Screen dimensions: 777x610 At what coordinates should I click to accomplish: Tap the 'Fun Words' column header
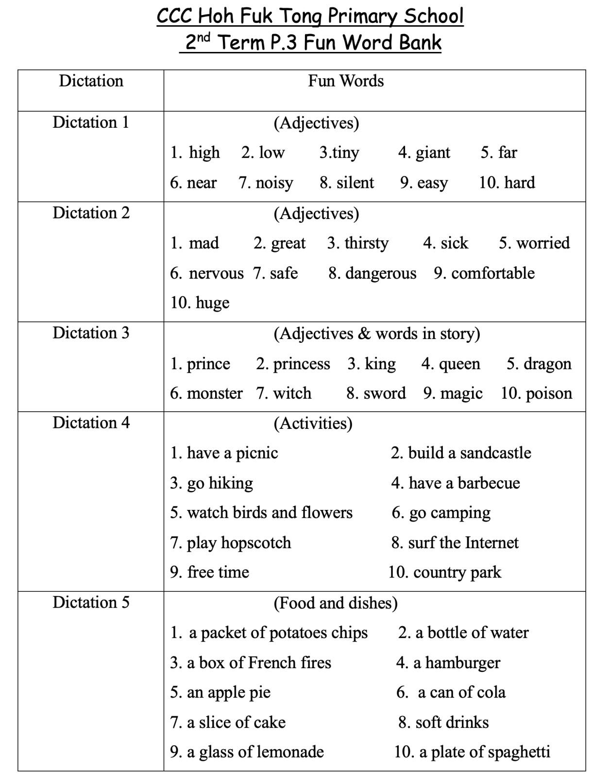345,81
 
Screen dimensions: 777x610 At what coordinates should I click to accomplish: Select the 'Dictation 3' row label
91,333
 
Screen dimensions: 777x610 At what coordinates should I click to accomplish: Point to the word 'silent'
355,183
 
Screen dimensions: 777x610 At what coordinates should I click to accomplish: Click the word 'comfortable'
492,273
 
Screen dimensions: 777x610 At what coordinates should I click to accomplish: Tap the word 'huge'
212,303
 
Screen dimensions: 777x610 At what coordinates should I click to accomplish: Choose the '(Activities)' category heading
313,423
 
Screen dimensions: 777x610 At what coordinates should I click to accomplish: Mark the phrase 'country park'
457,573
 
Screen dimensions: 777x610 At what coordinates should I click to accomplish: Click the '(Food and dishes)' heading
335,603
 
